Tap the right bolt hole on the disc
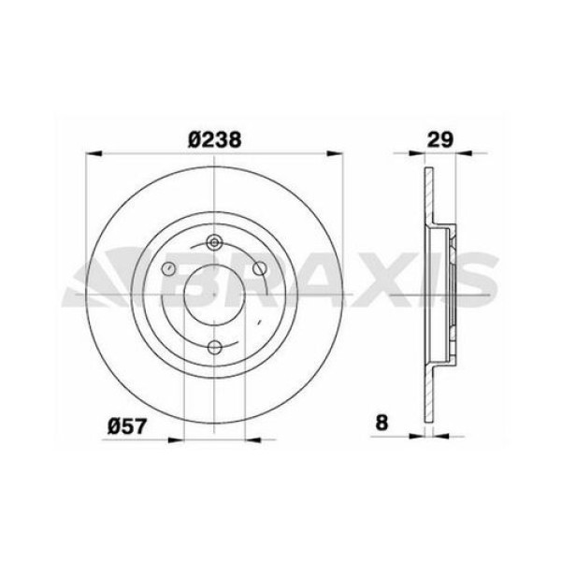point(262,270)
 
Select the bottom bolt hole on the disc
point(215,348)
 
